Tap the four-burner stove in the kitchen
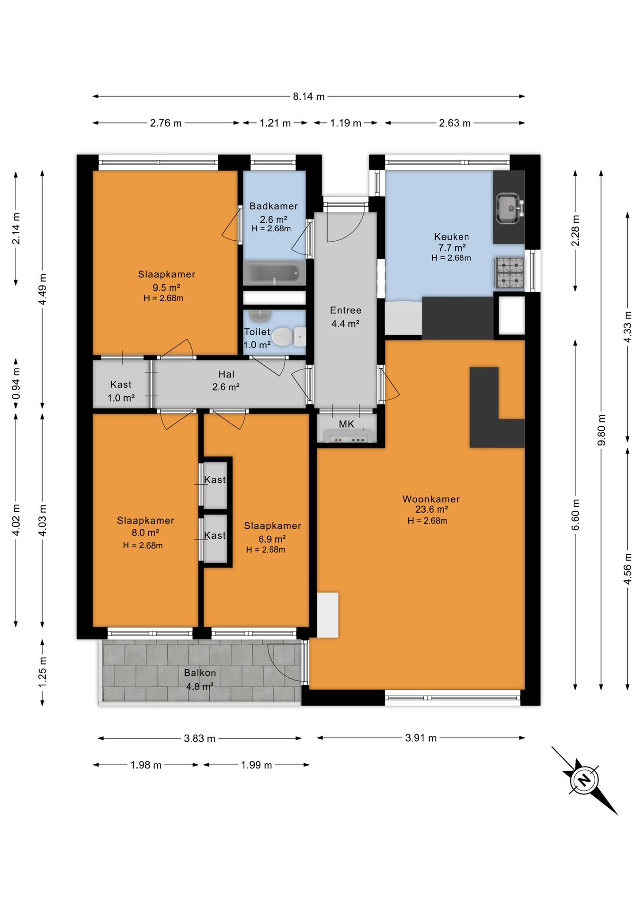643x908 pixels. (509, 273)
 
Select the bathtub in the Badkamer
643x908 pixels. (274, 274)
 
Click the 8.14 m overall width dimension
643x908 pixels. (309, 96)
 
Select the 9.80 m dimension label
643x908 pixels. (601, 430)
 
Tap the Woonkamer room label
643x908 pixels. (431, 499)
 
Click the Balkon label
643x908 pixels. (200, 672)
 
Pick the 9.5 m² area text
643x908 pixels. (166, 288)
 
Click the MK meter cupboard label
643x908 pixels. (347, 424)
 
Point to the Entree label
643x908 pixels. (346, 310)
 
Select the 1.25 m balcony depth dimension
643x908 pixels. (43, 672)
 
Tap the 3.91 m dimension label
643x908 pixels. (421, 738)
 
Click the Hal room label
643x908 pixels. (226, 374)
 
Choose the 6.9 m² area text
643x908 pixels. (272, 539)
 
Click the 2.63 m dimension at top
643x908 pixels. (455, 123)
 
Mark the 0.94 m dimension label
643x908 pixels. (16, 383)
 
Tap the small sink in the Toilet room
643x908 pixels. (259, 316)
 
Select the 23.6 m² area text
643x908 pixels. (431, 509)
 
